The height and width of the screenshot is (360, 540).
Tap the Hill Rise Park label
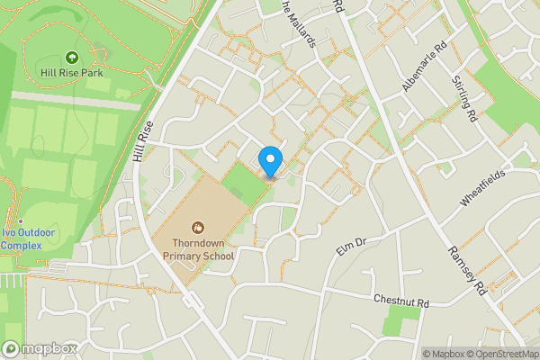(x=70, y=72)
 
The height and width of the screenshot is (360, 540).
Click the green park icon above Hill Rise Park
(x=70, y=57)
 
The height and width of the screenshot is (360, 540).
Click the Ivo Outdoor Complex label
(x=29, y=238)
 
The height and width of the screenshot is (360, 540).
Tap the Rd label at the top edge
(x=337, y=5)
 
